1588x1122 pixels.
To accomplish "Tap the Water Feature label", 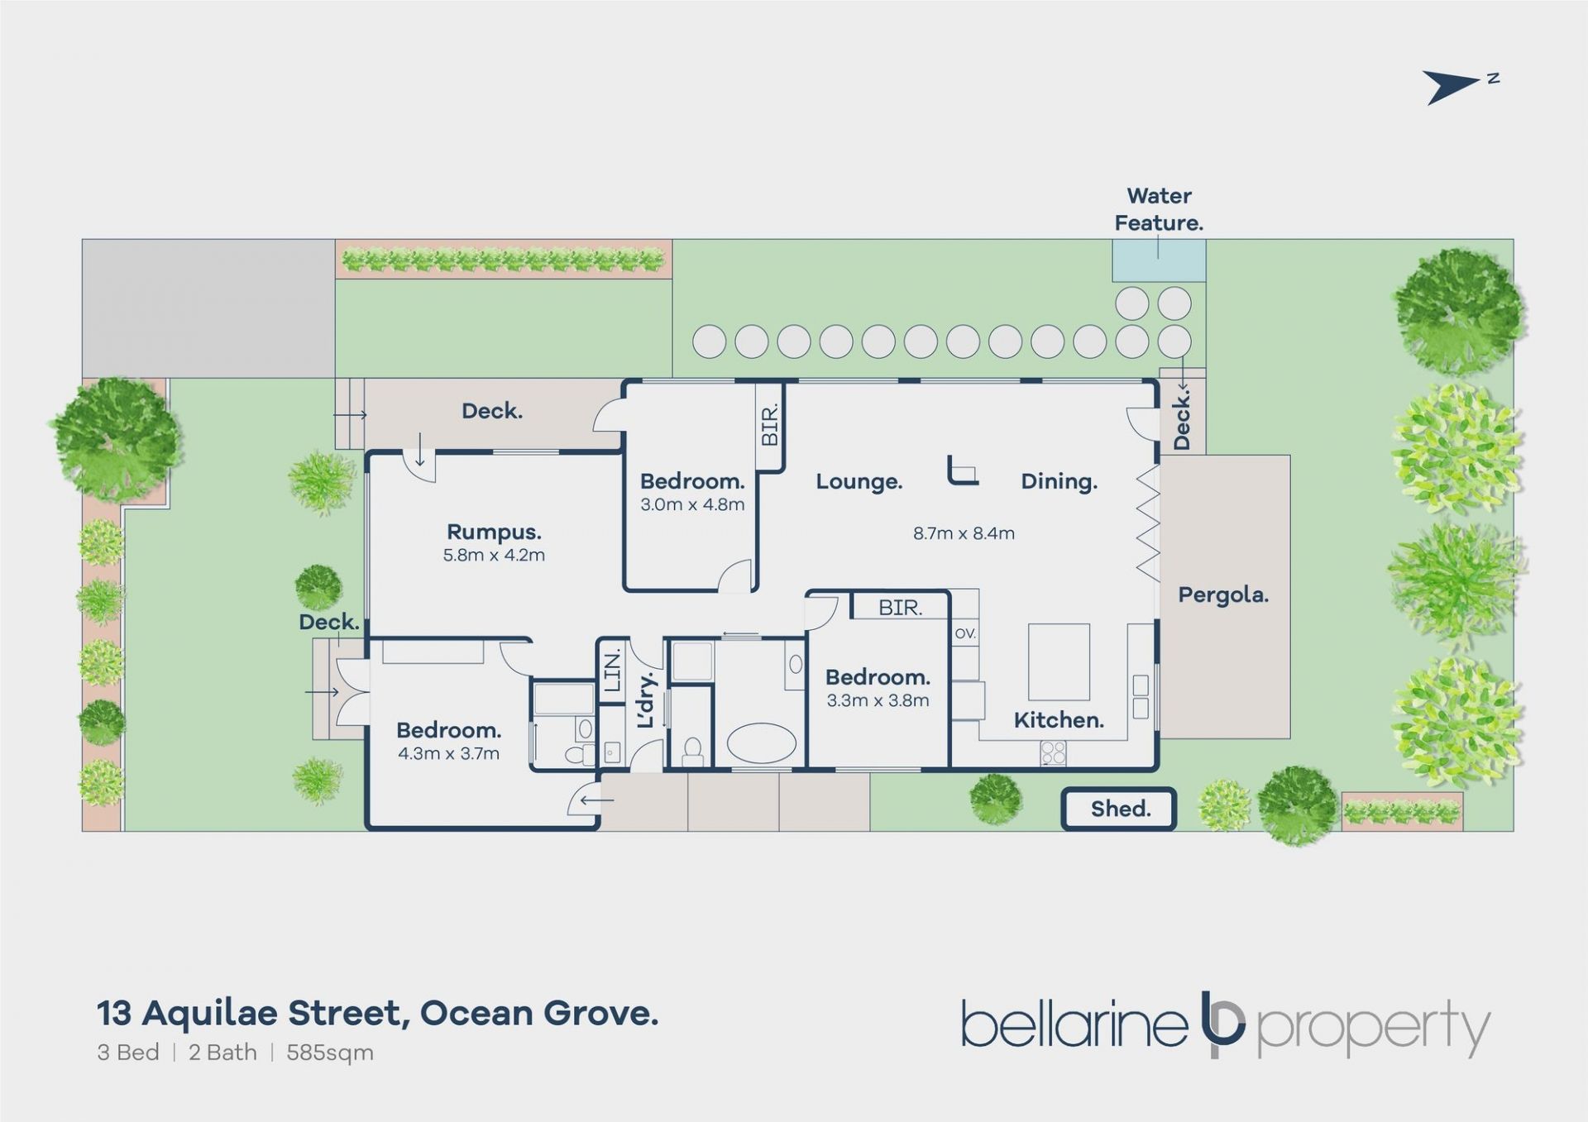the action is [1159, 209].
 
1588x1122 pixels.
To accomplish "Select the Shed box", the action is [1119, 809].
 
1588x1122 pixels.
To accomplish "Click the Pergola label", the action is [1223, 595].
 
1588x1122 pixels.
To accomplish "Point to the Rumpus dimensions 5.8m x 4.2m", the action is [494, 555].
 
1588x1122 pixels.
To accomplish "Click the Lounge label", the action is [859, 481].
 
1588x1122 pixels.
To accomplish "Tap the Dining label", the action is [1059, 481].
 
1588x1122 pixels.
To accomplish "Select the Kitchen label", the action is [1059, 720].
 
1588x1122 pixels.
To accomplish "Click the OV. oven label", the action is [965, 633].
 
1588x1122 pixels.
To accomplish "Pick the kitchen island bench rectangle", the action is [1059, 662].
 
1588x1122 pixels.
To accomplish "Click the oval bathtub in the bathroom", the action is [761, 743].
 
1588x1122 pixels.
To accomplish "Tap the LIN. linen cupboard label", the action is [612, 671].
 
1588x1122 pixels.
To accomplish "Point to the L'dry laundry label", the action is [646, 699].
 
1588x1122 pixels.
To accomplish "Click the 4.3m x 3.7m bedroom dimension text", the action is [448, 753].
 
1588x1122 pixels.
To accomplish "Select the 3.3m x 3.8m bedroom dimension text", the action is [878, 700].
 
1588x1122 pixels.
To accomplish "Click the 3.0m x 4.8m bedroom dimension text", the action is [692, 504].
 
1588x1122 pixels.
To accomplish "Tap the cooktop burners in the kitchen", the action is [1053, 753].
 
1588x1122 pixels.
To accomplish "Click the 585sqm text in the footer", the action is [330, 1053].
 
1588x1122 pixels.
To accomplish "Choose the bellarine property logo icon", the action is [1222, 1024].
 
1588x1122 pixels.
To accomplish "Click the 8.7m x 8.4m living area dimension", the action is [964, 533].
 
